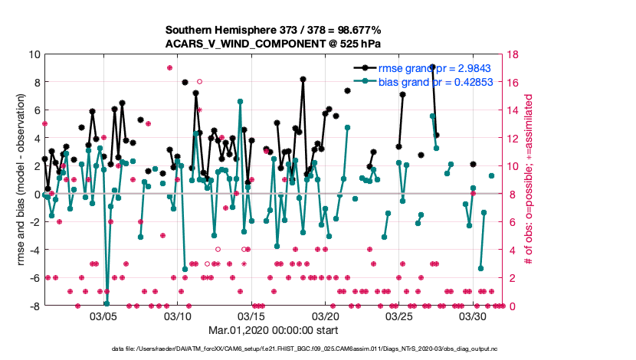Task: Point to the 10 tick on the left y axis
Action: tap(34, 54)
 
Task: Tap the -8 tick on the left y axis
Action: tap(35, 306)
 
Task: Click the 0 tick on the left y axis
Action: tap(38, 194)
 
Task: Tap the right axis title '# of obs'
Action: tap(530, 180)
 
